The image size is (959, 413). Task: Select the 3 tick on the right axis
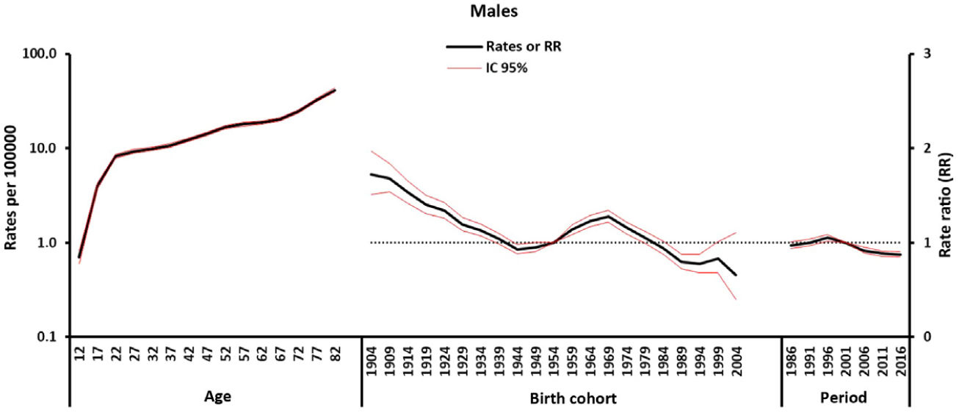tap(924, 54)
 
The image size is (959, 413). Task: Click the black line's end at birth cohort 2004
tap(737, 275)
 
